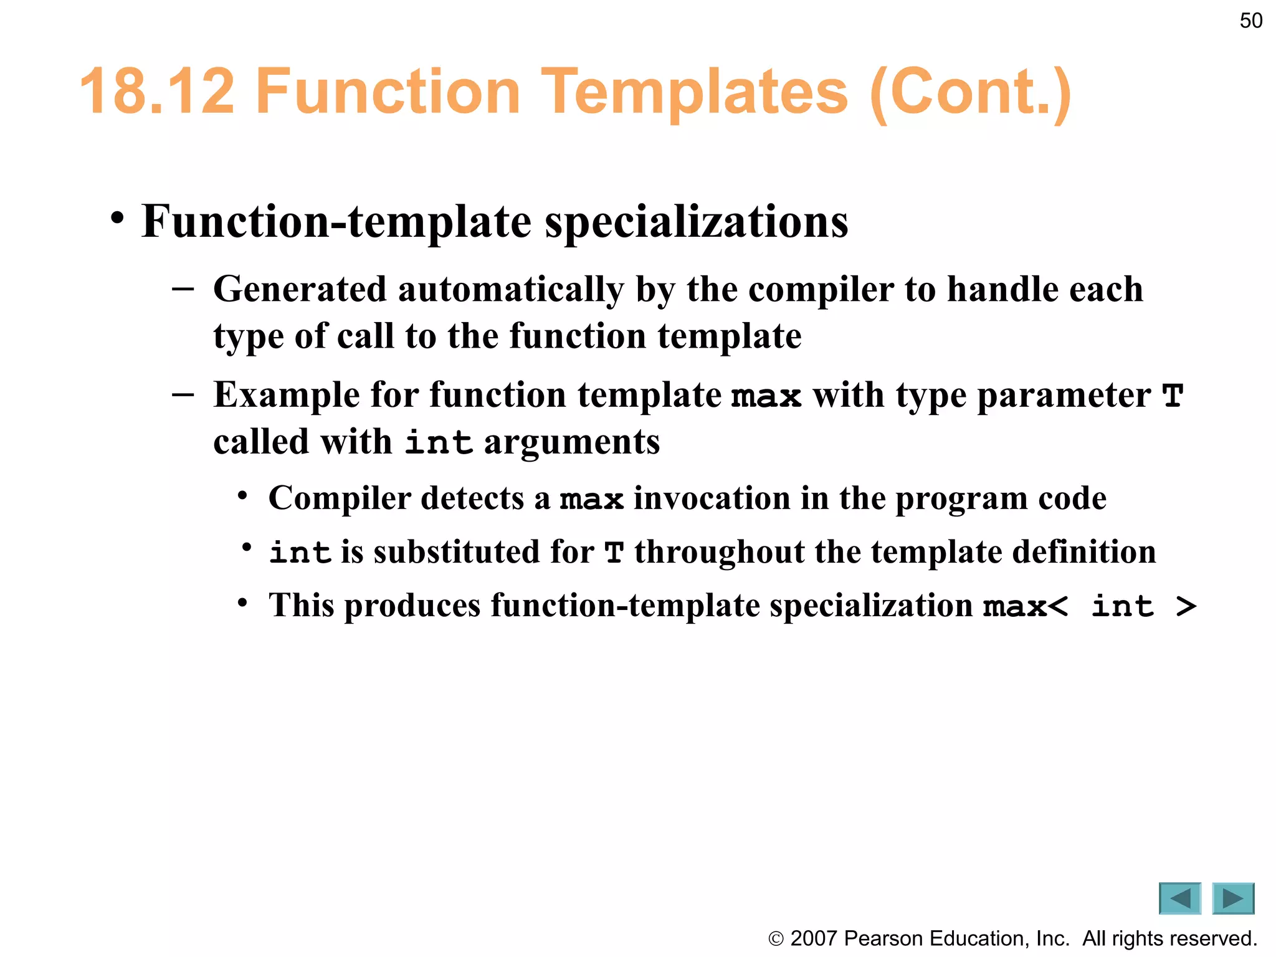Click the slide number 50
click(1250, 21)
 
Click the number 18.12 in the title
click(158, 92)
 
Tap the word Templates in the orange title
click(694, 92)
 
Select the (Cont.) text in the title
click(970, 93)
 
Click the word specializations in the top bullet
click(696, 222)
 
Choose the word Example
click(286, 396)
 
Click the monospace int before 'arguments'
click(439, 443)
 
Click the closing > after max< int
click(1186, 606)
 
